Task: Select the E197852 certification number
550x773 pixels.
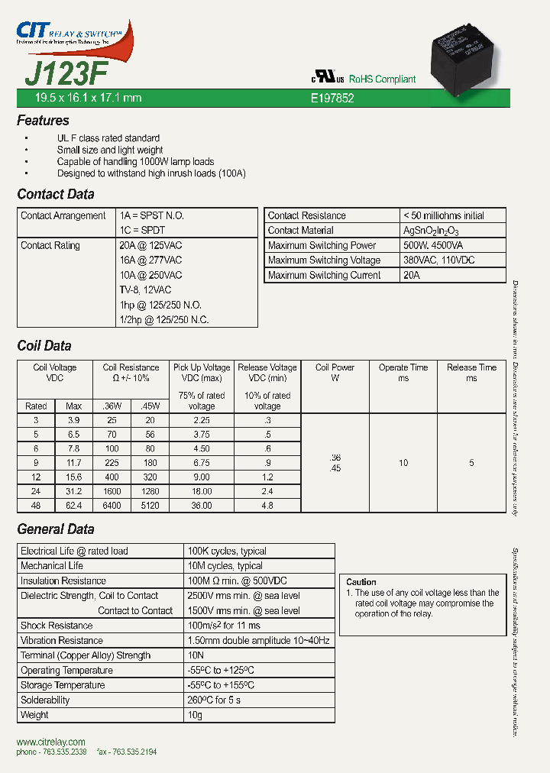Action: coord(332,99)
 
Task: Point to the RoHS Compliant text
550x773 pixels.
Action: coord(382,79)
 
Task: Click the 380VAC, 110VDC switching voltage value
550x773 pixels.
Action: coord(438,260)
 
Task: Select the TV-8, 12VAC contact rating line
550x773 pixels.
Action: coord(145,290)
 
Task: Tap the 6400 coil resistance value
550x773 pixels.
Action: coord(112,506)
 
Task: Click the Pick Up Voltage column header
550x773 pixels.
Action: coord(202,373)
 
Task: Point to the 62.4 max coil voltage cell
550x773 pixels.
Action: coord(73,506)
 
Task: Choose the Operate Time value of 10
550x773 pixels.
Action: coord(403,463)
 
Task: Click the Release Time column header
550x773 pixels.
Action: coord(471,373)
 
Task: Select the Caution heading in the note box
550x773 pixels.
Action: coord(361,582)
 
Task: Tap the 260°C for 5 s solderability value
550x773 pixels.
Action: coord(215,700)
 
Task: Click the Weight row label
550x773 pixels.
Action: coord(34,715)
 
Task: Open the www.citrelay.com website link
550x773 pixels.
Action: coord(51,742)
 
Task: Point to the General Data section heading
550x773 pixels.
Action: coord(56,529)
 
